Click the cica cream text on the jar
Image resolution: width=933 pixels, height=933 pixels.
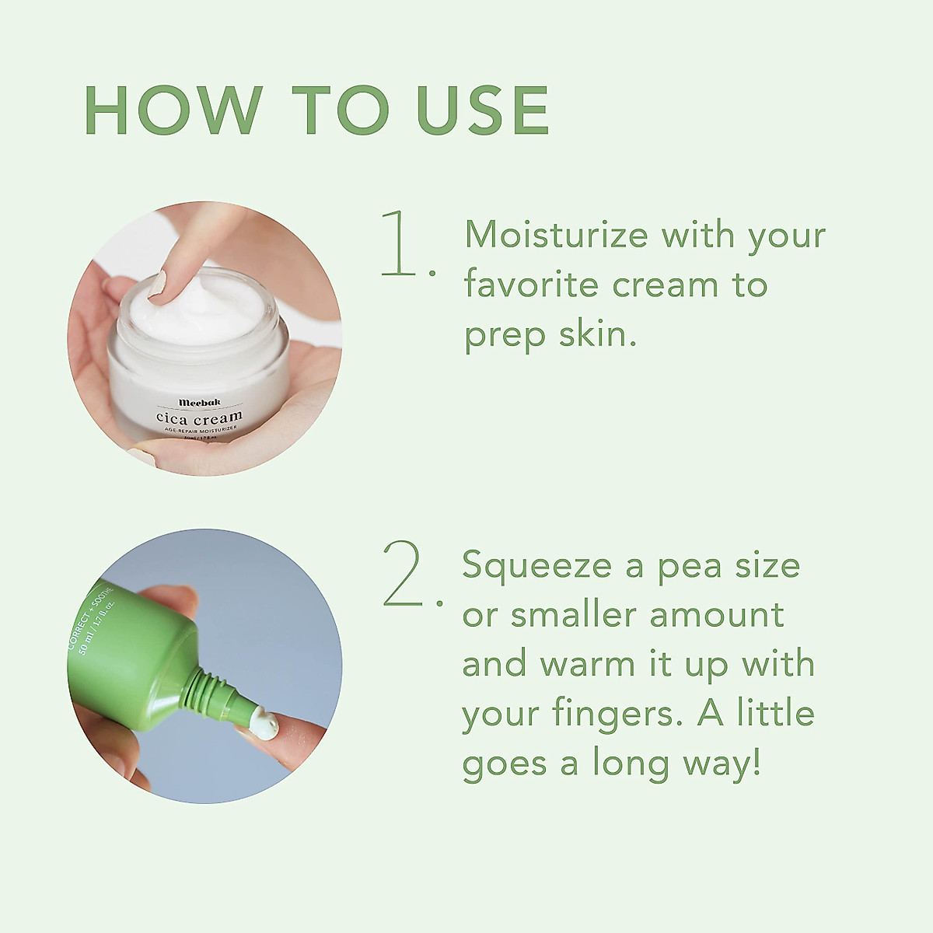pyautogui.click(x=198, y=418)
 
